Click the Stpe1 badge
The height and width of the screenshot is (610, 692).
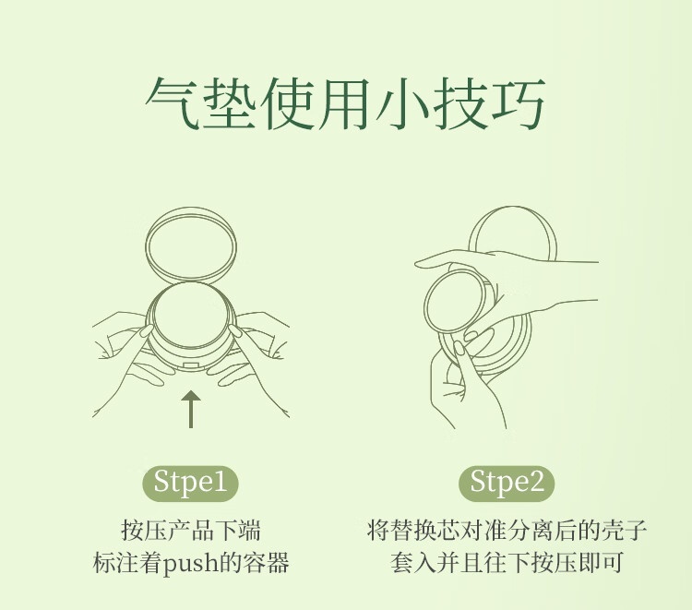point(190,484)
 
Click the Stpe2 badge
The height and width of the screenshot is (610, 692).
point(507,484)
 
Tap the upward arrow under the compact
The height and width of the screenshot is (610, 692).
point(191,409)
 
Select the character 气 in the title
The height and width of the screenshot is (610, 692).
point(172,103)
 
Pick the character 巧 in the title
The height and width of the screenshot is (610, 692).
point(518,103)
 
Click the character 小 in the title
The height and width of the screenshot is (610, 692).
point(402,103)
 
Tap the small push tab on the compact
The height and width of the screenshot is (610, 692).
point(191,365)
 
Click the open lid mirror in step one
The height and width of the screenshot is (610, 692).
point(191,245)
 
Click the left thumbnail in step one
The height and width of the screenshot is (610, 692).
point(146,331)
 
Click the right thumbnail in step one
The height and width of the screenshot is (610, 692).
point(234,331)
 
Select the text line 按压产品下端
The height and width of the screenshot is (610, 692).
point(191,531)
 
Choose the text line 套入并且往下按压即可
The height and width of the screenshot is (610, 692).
point(507,563)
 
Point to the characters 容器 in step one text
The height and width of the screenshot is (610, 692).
point(266,563)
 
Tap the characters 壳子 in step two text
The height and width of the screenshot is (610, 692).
point(623,531)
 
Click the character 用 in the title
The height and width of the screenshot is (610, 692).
point(345,103)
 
